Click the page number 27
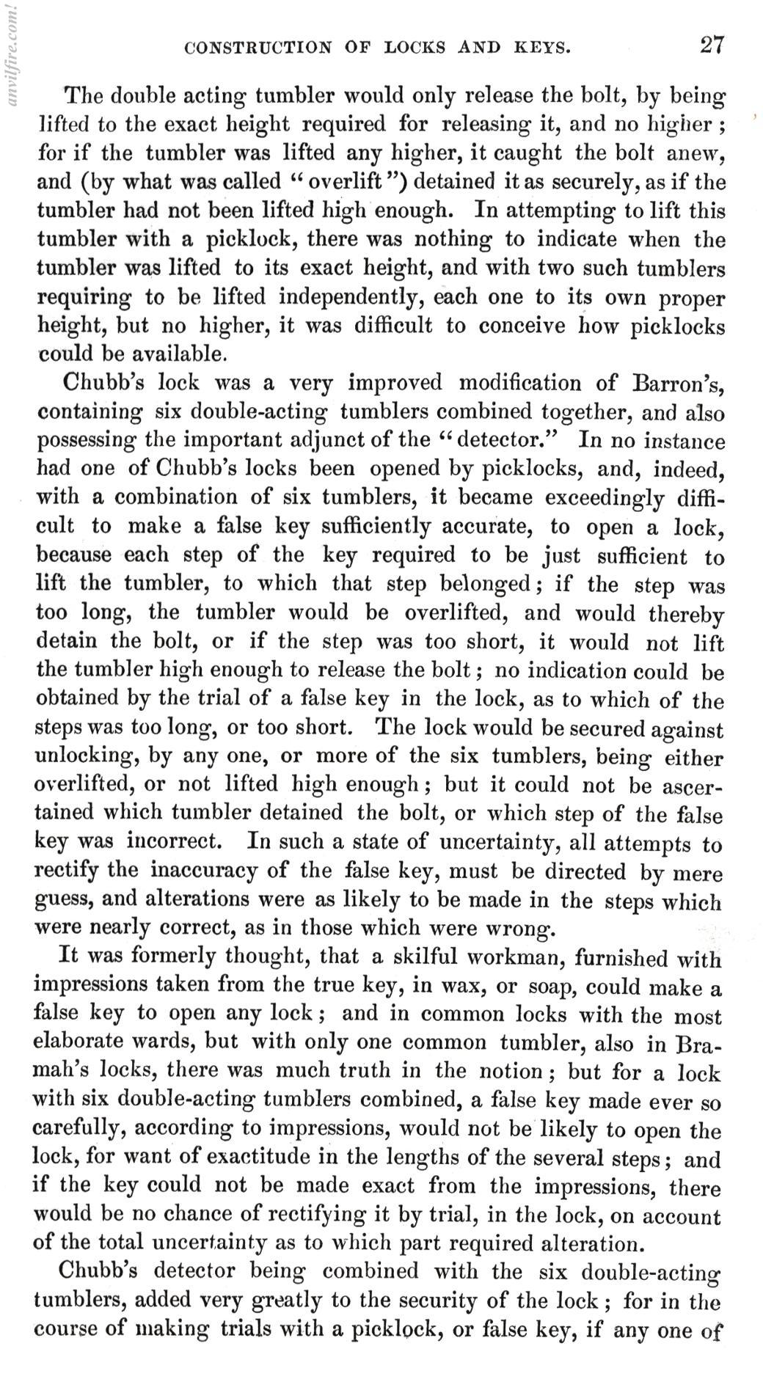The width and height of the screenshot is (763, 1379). click(711, 45)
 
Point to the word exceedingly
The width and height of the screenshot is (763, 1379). click(603, 498)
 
